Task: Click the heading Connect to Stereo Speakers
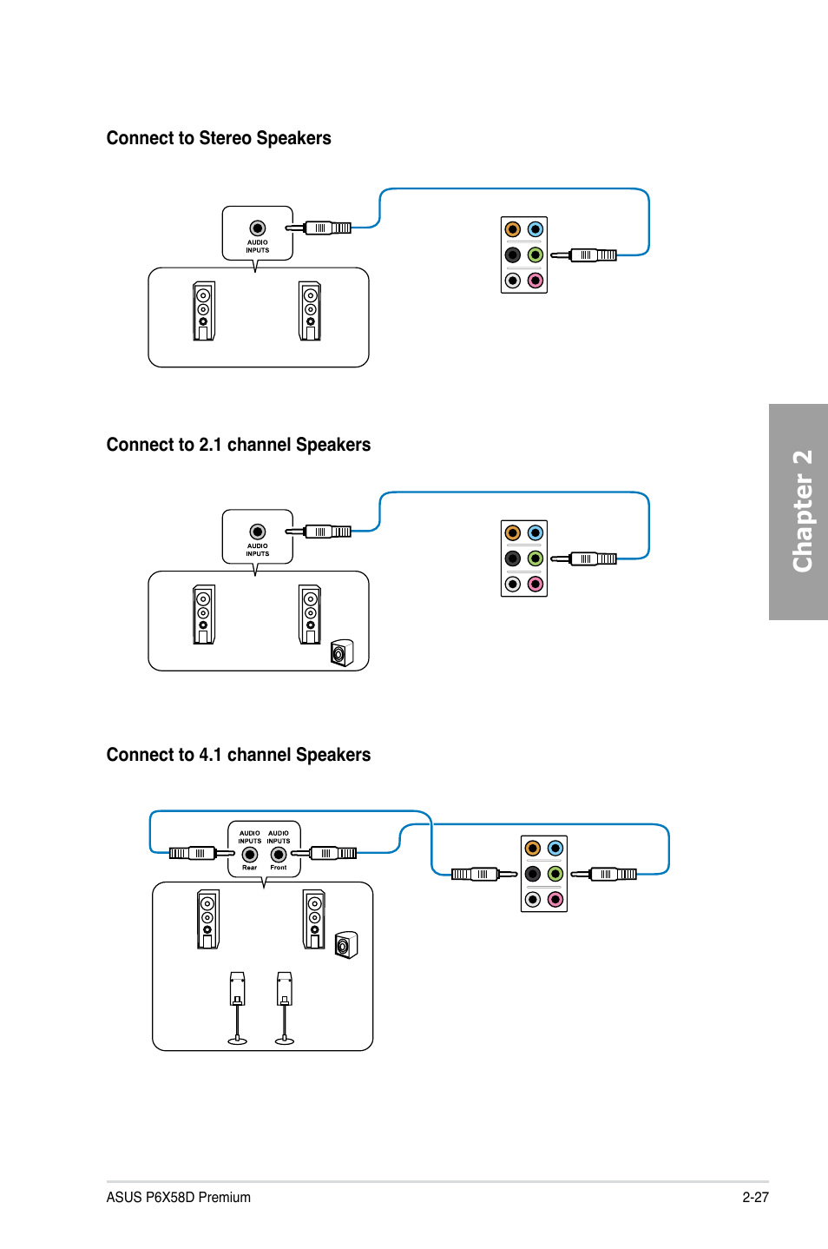pyautogui.click(x=219, y=138)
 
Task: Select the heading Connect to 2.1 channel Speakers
pyautogui.click(x=239, y=445)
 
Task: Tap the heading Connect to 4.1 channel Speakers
pyautogui.click(x=239, y=755)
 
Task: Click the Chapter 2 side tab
pyautogui.click(x=798, y=512)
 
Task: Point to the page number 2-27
pyautogui.click(x=756, y=1197)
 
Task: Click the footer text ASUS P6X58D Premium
pyautogui.click(x=178, y=1197)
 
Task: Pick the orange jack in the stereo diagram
pyautogui.click(x=513, y=229)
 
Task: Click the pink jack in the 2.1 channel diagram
pyautogui.click(x=536, y=584)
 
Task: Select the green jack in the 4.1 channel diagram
pyautogui.click(x=555, y=874)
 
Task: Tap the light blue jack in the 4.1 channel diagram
pyautogui.click(x=555, y=848)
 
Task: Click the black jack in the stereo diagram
pyautogui.click(x=513, y=254)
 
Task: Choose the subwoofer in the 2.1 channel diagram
pyautogui.click(x=342, y=653)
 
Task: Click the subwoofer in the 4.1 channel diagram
pyautogui.click(x=346, y=945)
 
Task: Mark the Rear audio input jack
pyautogui.click(x=250, y=854)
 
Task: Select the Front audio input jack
pyautogui.click(x=279, y=854)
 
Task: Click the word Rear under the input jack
pyautogui.click(x=250, y=868)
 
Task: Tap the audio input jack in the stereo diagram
pyautogui.click(x=258, y=228)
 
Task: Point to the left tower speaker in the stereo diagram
pyautogui.click(x=204, y=311)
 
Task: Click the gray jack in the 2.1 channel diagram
pyautogui.click(x=513, y=584)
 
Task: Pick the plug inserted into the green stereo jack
pyautogui.click(x=583, y=255)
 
